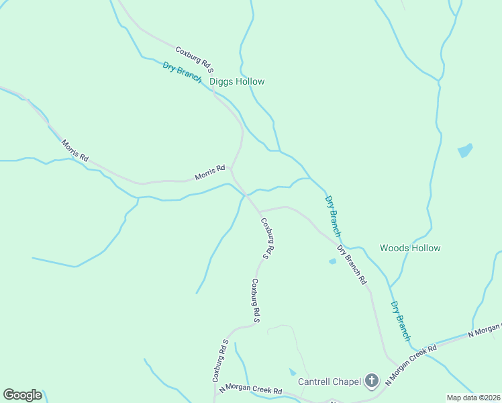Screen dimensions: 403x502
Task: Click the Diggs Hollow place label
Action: (x=237, y=82)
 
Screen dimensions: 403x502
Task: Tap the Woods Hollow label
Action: (x=410, y=249)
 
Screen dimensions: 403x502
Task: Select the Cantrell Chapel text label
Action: (x=329, y=382)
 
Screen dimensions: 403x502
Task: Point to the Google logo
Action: (x=22, y=395)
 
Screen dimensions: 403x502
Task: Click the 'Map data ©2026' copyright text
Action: (x=473, y=398)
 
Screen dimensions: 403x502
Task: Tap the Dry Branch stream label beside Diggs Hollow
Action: (x=182, y=72)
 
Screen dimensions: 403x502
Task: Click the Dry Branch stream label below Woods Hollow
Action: (x=400, y=320)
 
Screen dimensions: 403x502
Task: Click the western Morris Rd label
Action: (x=74, y=150)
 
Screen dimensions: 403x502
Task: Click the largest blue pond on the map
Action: (x=465, y=150)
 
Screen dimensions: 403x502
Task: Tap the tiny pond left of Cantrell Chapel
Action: (x=292, y=371)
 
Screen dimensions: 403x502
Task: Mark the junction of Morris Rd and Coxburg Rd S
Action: (x=232, y=168)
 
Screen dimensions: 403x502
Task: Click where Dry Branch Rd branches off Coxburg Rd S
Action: (x=259, y=212)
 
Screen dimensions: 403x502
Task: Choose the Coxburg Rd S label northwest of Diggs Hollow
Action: (x=195, y=59)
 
